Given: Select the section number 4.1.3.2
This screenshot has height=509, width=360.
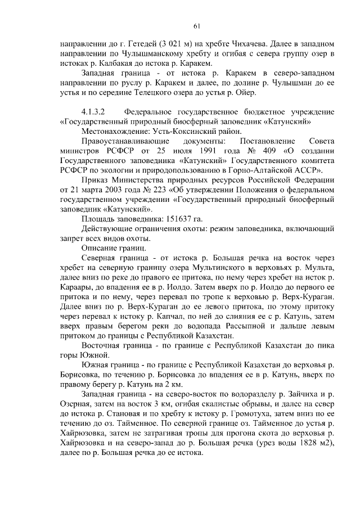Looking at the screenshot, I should [x=96, y=111].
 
